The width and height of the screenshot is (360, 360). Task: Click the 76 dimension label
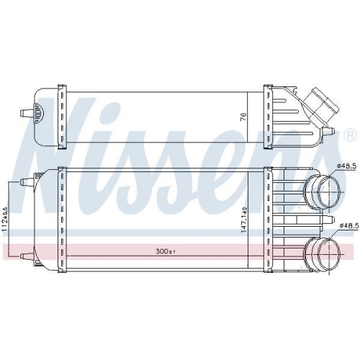[243, 117]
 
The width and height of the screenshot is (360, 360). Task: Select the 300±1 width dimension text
[166, 251]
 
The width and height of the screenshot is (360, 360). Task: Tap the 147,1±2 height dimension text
[243, 220]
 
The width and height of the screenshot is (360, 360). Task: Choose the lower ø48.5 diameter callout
[350, 225]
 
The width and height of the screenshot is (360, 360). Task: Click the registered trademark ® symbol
[351, 135]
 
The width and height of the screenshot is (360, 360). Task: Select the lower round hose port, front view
[322, 253]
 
